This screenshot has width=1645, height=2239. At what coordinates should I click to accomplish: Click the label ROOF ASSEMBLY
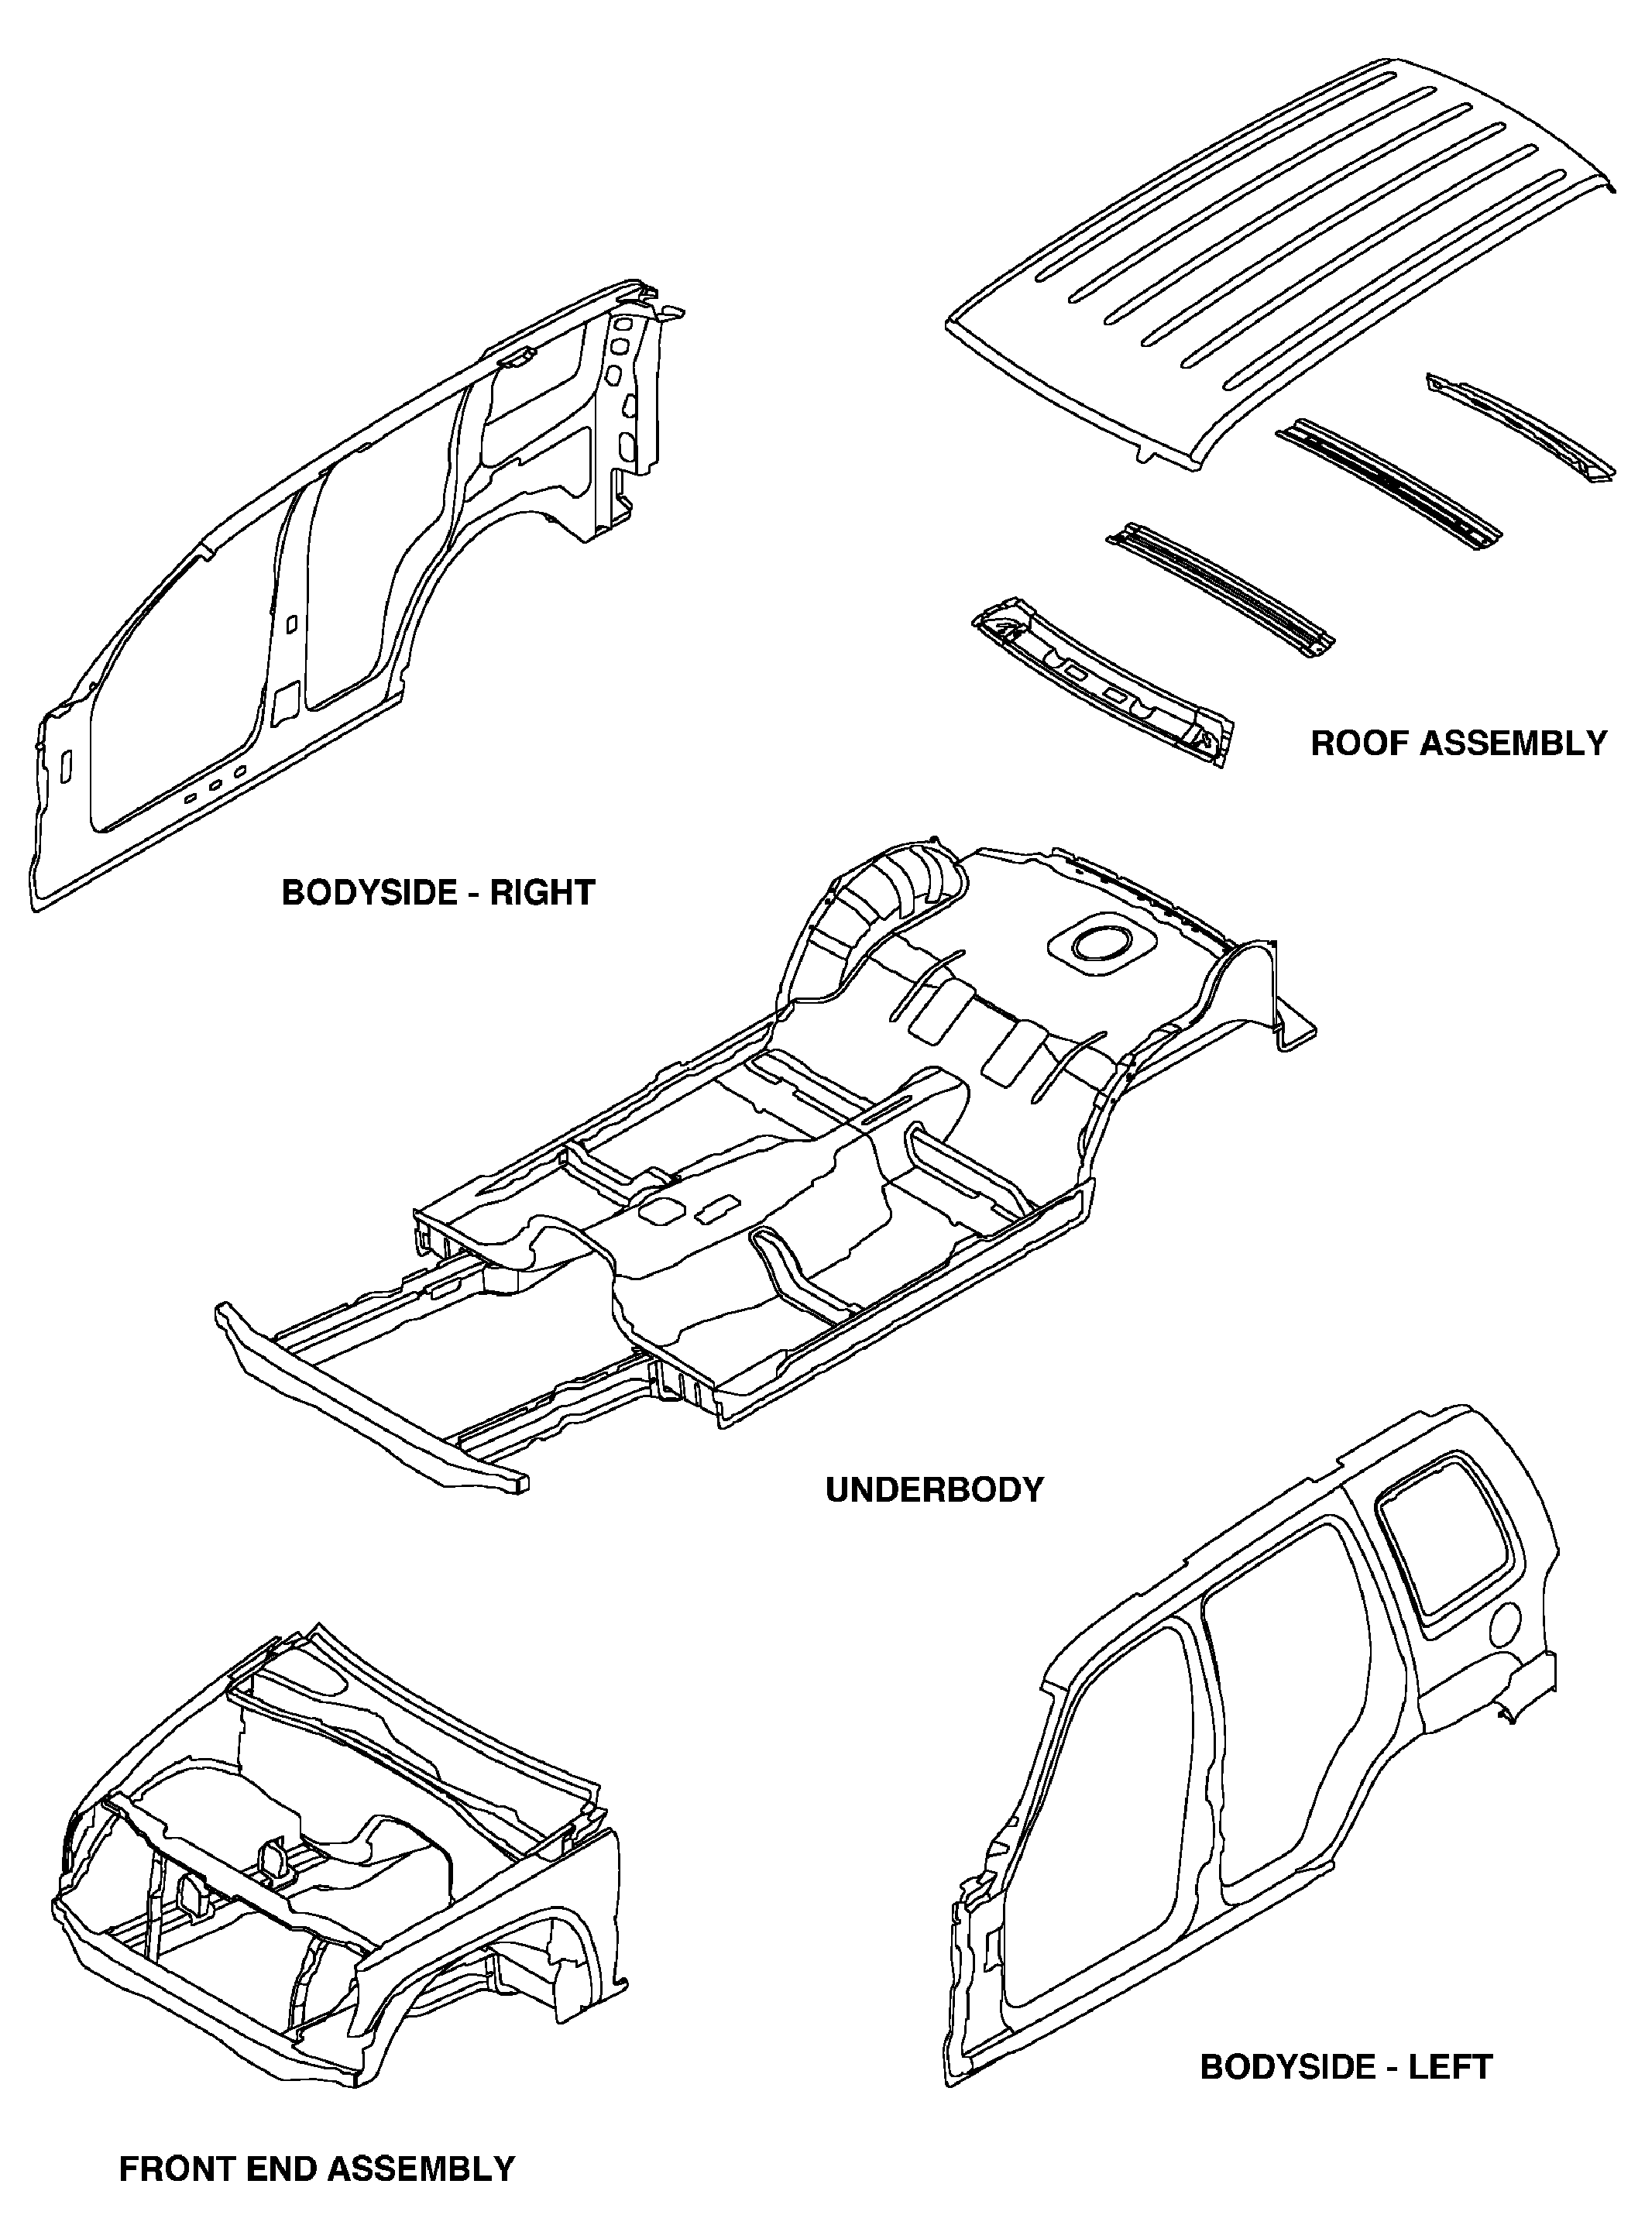(x=1458, y=743)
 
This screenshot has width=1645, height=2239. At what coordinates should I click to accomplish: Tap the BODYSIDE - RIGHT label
(x=438, y=892)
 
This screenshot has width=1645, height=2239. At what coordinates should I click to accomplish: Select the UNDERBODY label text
(x=935, y=1490)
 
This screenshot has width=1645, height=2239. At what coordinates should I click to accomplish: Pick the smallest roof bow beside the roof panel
(x=1517, y=426)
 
